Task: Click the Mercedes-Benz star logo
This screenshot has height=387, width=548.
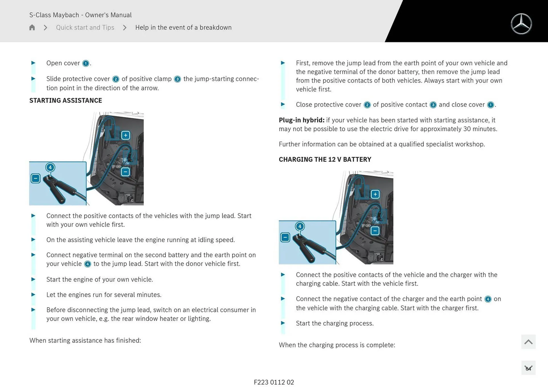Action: (x=521, y=24)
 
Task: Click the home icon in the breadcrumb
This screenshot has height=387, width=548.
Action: (x=32, y=27)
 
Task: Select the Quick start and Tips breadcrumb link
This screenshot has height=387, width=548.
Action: (x=85, y=27)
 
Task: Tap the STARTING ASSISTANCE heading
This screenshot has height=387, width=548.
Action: (x=66, y=100)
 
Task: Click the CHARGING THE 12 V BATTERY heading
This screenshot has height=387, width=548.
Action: (x=325, y=159)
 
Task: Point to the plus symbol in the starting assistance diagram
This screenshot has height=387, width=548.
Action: (x=126, y=135)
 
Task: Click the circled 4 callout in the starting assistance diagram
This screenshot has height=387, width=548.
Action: (x=50, y=167)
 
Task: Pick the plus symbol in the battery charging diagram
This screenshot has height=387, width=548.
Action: (x=375, y=194)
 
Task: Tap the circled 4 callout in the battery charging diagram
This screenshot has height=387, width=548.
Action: (x=300, y=226)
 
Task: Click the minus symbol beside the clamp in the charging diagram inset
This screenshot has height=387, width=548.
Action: (x=285, y=237)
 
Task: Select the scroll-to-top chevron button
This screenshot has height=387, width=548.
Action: (x=528, y=342)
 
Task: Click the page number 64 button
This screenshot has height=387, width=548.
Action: (x=528, y=368)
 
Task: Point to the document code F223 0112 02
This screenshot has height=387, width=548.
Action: (x=274, y=382)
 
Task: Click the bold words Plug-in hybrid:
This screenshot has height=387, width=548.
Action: (x=301, y=120)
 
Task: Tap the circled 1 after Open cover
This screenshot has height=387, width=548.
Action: (x=86, y=63)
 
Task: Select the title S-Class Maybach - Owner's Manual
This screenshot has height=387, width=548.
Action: (x=80, y=15)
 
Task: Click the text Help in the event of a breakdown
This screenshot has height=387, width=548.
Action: (x=183, y=27)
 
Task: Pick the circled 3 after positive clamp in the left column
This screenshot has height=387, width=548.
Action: (x=177, y=79)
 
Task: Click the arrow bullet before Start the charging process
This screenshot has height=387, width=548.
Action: (x=283, y=323)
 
